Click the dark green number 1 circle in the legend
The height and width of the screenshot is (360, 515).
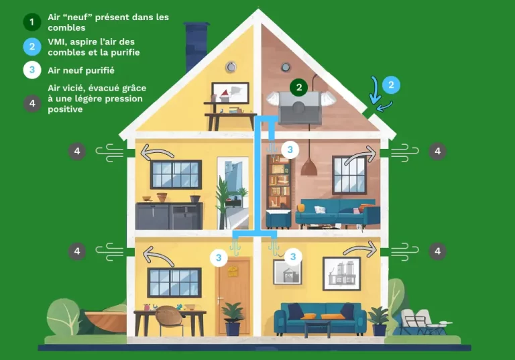31,22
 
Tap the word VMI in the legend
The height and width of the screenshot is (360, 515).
58,42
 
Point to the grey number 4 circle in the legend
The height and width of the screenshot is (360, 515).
31,103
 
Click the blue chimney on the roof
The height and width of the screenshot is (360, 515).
196,44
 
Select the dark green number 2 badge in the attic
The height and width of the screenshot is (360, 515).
299,86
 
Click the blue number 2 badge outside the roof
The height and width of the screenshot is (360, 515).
391,85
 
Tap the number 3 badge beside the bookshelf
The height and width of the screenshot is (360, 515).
290,149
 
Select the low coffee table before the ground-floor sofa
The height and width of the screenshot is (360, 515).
317,327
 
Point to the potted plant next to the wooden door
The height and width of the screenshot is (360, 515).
233,318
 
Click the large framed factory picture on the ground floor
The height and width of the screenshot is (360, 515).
341,273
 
